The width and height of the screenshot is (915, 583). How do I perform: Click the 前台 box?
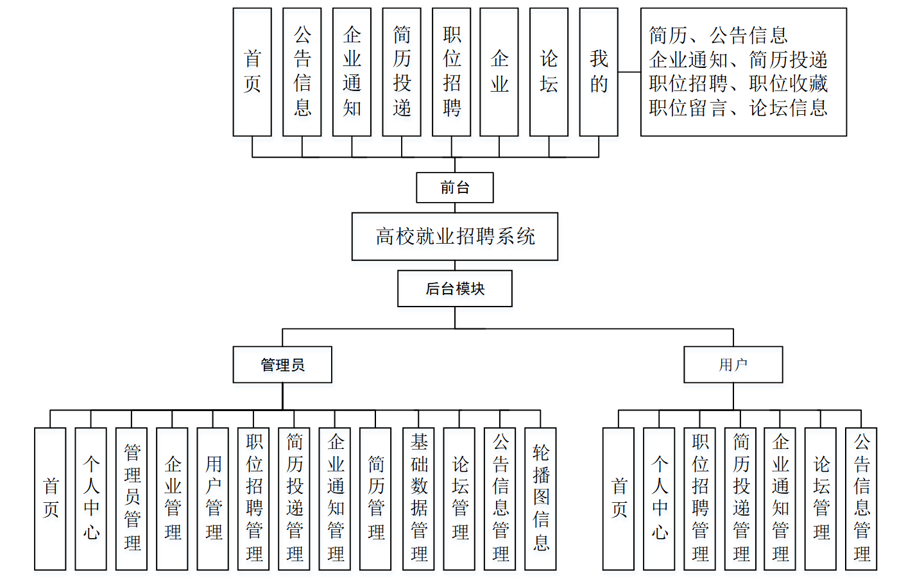(455, 187)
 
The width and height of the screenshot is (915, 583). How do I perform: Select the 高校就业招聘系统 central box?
(455, 237)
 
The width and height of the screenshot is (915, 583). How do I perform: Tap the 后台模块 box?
(455, 288)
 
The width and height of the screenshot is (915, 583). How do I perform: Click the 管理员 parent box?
(282, 364)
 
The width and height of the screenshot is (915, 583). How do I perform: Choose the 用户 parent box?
(733, 364)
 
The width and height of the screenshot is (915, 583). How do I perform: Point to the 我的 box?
(599, 72)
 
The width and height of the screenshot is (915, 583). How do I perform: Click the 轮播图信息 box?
(540, 498)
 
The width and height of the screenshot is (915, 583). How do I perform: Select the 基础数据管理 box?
(418, 498)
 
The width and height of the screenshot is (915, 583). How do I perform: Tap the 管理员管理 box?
(132, 498)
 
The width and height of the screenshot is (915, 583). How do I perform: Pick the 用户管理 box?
(213, 498)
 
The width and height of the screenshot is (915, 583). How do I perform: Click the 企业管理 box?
(172, 498)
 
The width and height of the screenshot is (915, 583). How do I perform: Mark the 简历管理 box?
(375, 498)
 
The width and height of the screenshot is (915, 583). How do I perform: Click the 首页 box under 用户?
(619, 498)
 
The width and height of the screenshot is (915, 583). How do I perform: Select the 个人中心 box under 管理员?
(90, 498)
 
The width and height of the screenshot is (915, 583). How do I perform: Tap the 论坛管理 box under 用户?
(821, 498)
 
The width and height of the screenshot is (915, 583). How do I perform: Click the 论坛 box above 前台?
(549, 72)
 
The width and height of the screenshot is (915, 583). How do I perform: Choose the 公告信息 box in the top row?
(302, 72)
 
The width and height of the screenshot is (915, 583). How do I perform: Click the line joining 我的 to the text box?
(629, 72)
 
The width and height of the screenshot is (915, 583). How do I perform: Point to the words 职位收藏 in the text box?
(789, 83)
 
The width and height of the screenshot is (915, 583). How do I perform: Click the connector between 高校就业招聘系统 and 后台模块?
(455, 266)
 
